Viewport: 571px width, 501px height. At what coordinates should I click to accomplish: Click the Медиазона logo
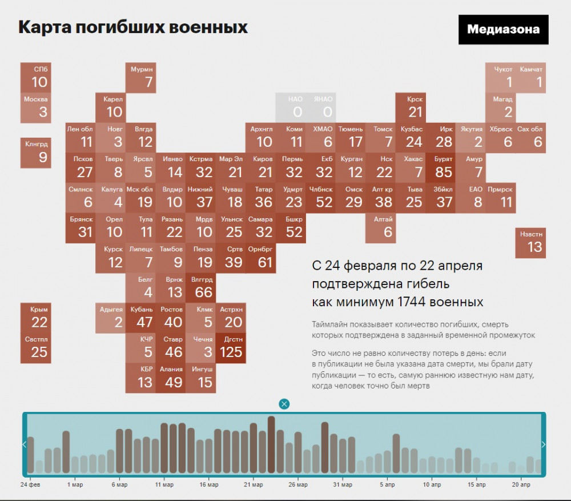point(503,30)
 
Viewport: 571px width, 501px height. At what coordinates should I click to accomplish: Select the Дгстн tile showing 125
point(231,346)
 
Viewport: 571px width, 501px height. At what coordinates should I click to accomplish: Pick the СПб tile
point(36,77)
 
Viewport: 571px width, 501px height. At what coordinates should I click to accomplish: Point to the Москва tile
point(36,107)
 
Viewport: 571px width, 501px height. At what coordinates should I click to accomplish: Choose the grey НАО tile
point(289,107)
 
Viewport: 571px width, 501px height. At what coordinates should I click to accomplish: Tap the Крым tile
point(36,317)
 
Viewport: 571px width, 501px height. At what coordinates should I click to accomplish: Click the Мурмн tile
point(141,77)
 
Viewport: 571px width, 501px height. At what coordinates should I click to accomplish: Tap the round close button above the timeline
point(284,404)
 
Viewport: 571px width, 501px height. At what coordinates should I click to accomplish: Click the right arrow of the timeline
point(543,444)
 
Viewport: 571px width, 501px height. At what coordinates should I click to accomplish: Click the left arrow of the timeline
point(25,444)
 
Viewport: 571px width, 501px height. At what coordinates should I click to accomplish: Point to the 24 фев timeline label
point(30,484)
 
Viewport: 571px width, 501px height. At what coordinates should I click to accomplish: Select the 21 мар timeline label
point(253,484)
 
